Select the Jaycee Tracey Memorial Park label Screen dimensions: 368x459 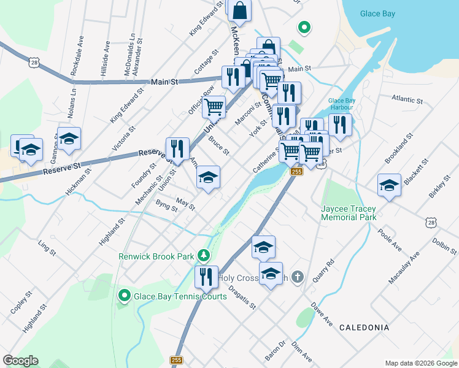click(x=349, y=213)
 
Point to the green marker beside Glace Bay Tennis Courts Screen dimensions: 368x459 click(x=124, y=296)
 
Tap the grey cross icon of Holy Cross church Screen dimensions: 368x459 click(x=297, y=277)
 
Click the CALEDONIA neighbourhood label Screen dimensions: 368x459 click(x=364, y=328)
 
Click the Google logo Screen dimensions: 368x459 click(x=20, y=360)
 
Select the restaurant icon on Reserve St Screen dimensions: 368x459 click(x=177, y=149)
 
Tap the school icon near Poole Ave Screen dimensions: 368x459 click(x=389, y=185)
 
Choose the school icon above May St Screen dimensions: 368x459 click(x=208, y=178)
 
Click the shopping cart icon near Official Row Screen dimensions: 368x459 click(x=214, y=107)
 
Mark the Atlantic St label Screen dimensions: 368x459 click(x=407, y=99)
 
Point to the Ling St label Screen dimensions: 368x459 click(x=47, y=248)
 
